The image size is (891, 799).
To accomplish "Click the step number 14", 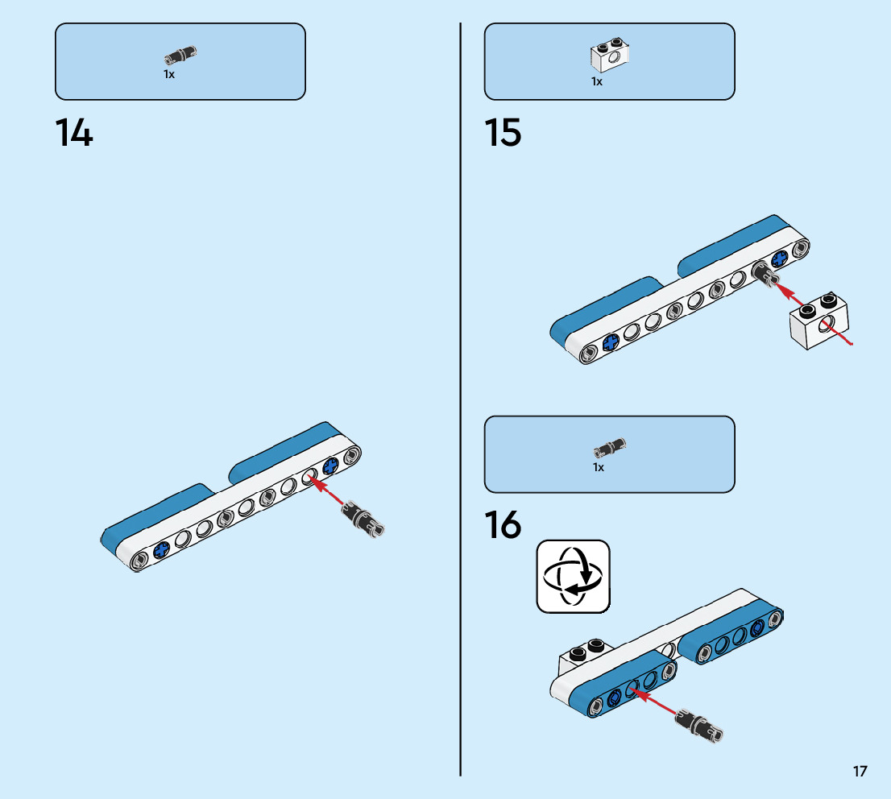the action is tap(74, 133).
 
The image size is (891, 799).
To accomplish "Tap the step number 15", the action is tap(503, 133).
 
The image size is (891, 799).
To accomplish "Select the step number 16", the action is tap(503, 524).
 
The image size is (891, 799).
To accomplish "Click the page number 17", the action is tap(860, 771).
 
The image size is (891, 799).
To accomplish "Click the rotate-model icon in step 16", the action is tap(573, 576).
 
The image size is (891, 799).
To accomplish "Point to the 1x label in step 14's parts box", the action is tap(169, 74).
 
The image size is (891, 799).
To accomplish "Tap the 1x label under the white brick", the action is tap(597, 82).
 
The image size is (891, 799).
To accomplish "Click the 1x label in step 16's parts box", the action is tap(599, 467).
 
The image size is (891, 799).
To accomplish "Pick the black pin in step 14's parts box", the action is tap(180, 55).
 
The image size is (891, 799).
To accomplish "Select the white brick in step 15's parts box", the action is tap(610, 55).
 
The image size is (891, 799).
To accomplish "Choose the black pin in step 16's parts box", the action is tap(610, 447).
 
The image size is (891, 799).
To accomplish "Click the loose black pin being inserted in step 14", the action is tap(363, 518).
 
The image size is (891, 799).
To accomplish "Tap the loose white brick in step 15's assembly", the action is tap(818, 321).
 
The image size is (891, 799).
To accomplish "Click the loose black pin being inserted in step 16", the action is tap(698, 725).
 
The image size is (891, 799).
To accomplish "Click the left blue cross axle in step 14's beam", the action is tap(161, 550).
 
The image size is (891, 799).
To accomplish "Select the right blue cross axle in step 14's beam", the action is tap(330, 466).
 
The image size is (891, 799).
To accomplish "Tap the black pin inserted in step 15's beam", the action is tap(763, 273).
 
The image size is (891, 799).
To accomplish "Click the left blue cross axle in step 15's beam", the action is tap(611, 342).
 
